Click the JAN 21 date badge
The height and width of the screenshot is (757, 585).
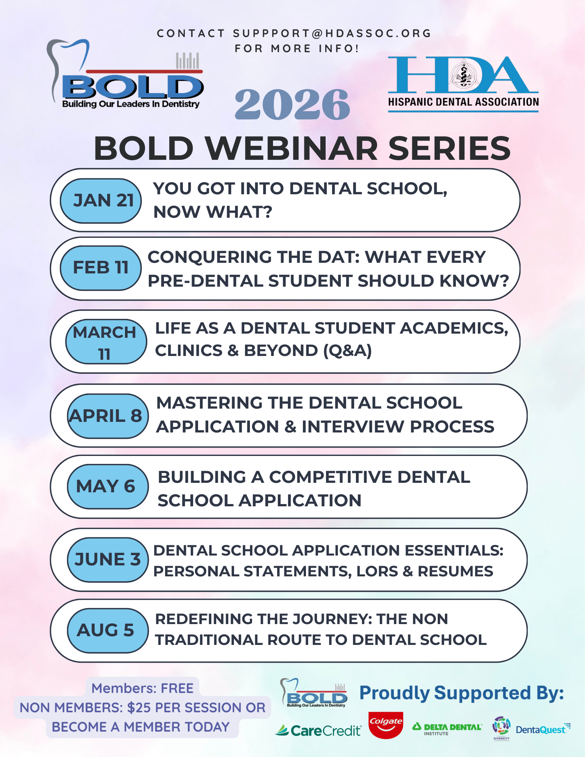pyautogui.click(x=101, y=201)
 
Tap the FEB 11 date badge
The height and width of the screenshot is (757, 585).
pyautogui.click(x=101, y=268)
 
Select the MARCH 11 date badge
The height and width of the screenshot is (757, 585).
pyautogui.click(x=106, y=342)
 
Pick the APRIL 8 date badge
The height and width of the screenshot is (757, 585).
pyautogui.click(x=108, y=416)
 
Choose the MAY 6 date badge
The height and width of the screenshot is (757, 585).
pyautogui.click(x=108, y=487)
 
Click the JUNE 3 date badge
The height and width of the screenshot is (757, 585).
pyautogui.click(x=108, y=560)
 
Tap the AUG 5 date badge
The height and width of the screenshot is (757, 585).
pyautogui.click(x=108, y=631)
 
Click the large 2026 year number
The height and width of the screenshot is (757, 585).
pyautogui.click(x=292, y=105)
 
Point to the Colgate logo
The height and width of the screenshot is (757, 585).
pyautogui.click(x=386, y=725)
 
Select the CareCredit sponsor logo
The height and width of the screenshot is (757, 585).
pyautogui.click(x=318, y=730)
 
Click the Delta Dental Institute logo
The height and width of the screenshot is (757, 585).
pyautogui.click(x=447, y=729)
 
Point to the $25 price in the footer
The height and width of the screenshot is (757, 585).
pyautogui.click(x=139, y=707)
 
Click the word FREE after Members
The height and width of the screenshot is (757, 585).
pyautogui.click(x=177, y=688)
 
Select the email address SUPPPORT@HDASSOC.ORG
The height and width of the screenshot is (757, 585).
pyautogui.click(x=332, y=33)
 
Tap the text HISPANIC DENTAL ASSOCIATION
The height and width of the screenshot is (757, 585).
pyautogui.click(x=463, y=102)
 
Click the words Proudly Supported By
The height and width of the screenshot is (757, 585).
pyautogui.click(x=462, y=693)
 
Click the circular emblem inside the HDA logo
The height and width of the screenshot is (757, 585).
pyautogui.click(x=464, y=74)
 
